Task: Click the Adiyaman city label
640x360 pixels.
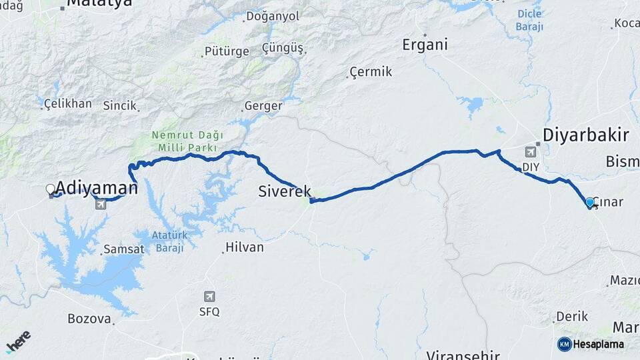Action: click(x=97, y=187)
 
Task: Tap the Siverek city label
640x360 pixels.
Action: click(x=284, y=192)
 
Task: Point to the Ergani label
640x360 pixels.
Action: click(x=425, y=45)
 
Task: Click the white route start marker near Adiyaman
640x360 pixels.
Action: click(x=51, y=190)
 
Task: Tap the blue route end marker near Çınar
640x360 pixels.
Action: click(x=590, y=202)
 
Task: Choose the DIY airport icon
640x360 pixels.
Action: click(x=530, y=151)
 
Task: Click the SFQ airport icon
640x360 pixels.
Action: click(x=210, y=297)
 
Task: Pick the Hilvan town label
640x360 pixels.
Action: click(x=245, y=247)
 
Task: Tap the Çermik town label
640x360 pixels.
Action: click(x=371, y=72)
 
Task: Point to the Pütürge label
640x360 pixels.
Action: click(x=227, y=51)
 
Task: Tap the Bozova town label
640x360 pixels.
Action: click(x=89, y=319)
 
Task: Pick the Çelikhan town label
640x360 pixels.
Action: click(x=67, y=103)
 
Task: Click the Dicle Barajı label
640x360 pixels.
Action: click(x=530, y=20)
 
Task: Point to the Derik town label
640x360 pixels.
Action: click(x=571, y=317)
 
